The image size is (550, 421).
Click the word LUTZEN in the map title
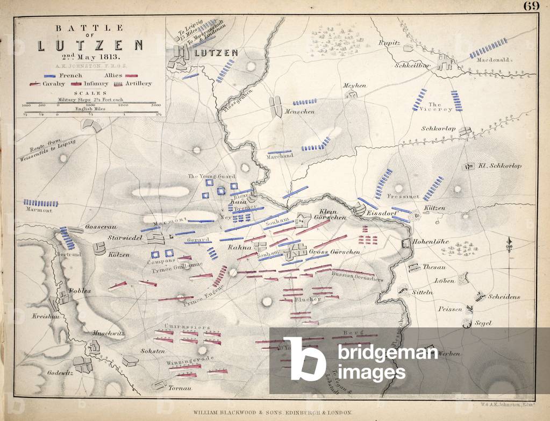pyautogui.click(x=90, y=45)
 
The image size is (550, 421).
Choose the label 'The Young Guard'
pyautogui.click(x=209, y=176)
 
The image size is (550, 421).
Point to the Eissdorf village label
pyautogui.click(x=381, y=214)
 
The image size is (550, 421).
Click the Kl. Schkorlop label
pyautogui.click(x=499, y=166)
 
